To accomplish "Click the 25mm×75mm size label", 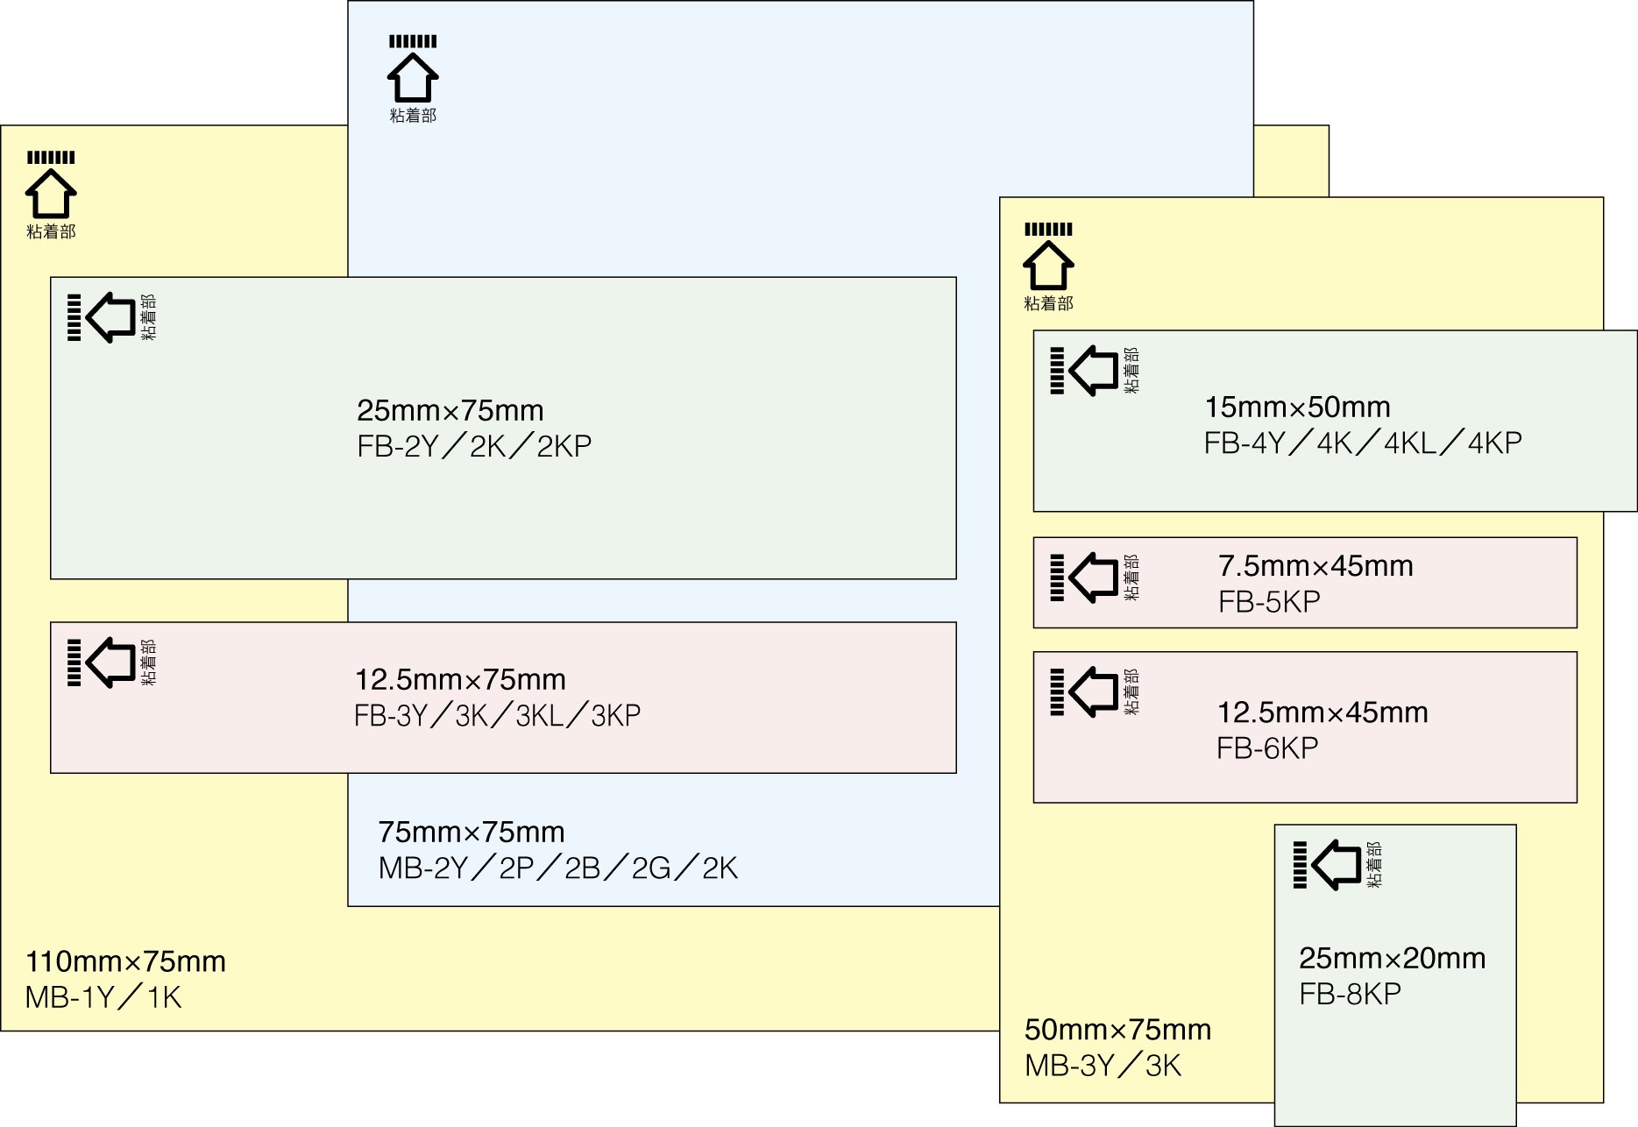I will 450,410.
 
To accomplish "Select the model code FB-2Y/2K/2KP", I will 474,447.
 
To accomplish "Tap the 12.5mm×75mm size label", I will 460,679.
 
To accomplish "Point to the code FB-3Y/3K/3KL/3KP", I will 497,716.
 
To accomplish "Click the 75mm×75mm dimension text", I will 471,832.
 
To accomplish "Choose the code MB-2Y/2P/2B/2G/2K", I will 557,868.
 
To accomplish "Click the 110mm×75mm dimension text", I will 125,961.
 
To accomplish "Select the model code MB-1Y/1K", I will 103,997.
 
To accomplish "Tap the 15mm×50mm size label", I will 1297,407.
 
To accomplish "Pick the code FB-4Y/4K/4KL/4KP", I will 1362,443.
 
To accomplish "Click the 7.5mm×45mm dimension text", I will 1315,565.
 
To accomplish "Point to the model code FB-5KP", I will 1269,602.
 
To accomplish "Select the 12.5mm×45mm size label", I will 1322,712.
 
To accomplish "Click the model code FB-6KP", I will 1267,748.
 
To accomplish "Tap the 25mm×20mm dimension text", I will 1392,958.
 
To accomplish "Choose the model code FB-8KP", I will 1350,994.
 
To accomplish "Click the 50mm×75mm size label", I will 1117,1029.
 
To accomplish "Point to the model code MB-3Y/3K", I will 1103,1066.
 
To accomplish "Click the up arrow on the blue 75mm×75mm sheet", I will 413,77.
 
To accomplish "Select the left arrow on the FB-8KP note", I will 1336,865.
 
